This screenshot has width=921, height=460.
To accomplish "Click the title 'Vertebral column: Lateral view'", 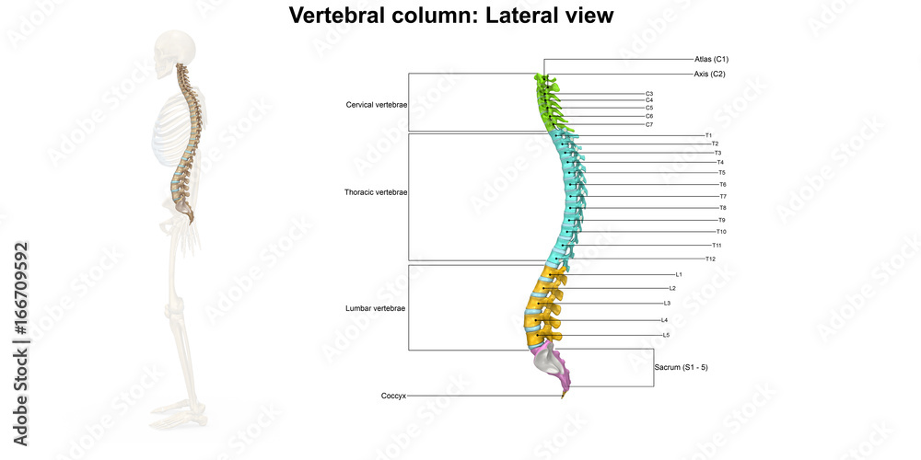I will [x=450, y=16].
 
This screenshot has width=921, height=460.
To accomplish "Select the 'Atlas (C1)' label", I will [x=712, y=59].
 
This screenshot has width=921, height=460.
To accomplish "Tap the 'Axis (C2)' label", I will [x=710, y=74].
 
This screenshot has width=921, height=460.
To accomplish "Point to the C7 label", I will [x=649, y=124].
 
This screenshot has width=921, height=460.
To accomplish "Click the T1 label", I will [x=708, y=135].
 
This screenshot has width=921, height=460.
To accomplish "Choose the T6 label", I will [x=723, y=184].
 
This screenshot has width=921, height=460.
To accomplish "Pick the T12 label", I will [x=710, y=259].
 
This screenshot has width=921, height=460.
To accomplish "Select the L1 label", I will [x=679, y=274].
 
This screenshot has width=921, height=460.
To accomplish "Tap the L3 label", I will [x=667, y=303].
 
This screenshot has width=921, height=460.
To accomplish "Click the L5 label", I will [x=666, y=335].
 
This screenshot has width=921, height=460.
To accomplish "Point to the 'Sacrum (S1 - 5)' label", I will [x=681, y=367].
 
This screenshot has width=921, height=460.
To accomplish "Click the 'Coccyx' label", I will [x=393, y=396].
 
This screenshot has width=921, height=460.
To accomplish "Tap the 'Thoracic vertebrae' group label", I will [x=376, y=192].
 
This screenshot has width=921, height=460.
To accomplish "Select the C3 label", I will [x=649, y=94].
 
